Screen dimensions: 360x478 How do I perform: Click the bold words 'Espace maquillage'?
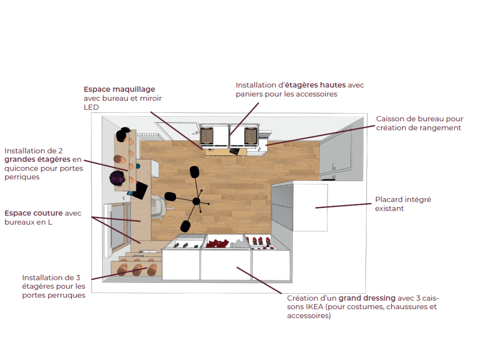tap(119, 90)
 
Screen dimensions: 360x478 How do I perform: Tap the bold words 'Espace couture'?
tap(34, 214)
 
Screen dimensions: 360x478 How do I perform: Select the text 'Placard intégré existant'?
tap(403, 204)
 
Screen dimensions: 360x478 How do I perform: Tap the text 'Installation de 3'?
tap(51, 277)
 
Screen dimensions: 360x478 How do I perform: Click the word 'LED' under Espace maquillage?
tap(91, 107)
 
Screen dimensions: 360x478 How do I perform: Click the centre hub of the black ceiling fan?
tap(196, 201)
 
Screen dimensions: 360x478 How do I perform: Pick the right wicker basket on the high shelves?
tap(251, 135)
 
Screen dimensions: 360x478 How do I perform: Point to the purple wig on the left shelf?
tap(117, 178)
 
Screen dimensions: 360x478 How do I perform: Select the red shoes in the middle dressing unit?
tap(218, 243)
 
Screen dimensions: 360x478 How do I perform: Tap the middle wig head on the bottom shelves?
tap(137, 269)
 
